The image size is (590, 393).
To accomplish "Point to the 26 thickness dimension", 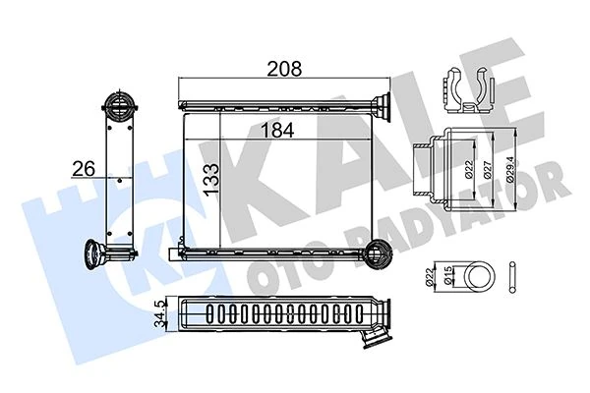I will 84,169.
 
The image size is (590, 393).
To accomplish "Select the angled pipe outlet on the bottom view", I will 376,338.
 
